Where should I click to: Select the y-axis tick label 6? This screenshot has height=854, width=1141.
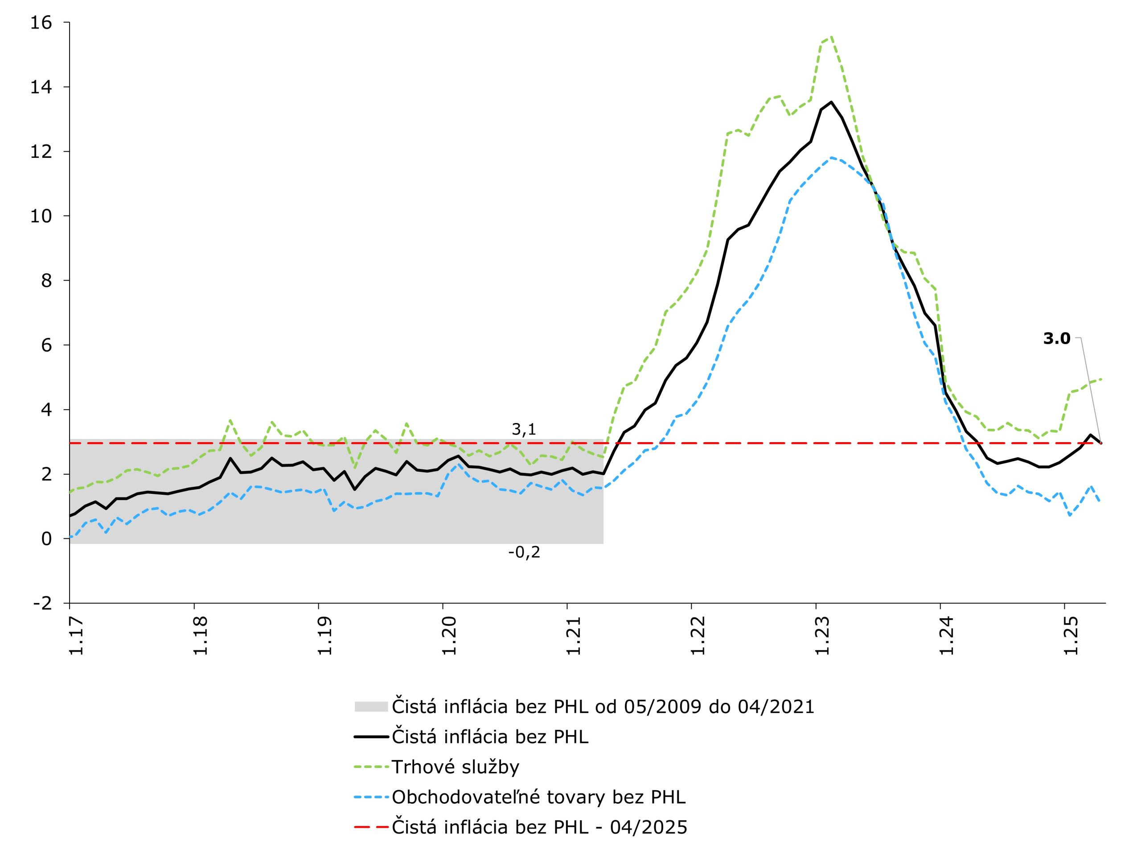pos(46,345)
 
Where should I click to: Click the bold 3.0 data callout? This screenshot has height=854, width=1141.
pos(1056,339)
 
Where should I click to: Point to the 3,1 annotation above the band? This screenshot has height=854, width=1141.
pos(524,429)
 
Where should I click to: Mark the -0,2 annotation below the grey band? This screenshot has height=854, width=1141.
pos(524,552)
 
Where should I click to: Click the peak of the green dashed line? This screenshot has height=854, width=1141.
pos(831,37)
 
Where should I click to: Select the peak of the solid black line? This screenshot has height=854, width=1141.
pos(831,102)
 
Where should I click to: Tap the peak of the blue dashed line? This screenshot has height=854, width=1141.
pos(831,158)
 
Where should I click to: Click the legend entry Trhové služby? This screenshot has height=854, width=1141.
pos(455,767)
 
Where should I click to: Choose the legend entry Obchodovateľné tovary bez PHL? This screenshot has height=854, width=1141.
pos(538,797)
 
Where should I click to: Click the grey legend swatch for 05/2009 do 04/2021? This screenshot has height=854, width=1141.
pos(371,706)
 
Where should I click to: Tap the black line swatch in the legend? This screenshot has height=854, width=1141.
pos(371,737)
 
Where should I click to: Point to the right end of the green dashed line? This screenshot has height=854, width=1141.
pos(1101,379)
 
